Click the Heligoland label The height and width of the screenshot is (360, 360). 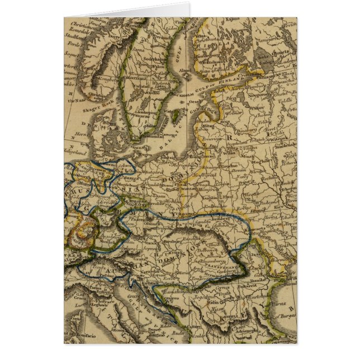78,152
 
